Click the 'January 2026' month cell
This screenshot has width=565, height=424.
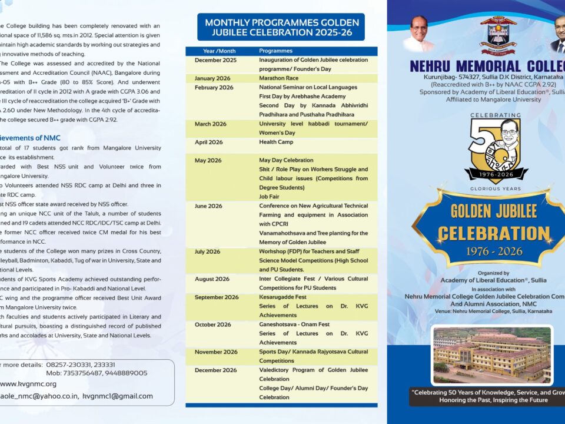pyautogui.click(x=212, y=78)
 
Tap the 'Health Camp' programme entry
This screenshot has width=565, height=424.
pyautogui.click(x=276, y=142)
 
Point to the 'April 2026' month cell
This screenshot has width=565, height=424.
pyautogui.click(x=208, y=142)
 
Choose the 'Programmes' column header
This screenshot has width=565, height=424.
pyautogui.click(x=275, y=51)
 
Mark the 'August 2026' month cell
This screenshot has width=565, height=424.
pyautogui.click(x=212, y=279)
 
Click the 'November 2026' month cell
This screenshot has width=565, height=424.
pyautogui.click(x=216, y=352)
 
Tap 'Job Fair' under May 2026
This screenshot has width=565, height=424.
pyautogui.click(x=270, y=197)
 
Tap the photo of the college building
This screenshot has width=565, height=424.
pyautogui.click(x=492, y=355)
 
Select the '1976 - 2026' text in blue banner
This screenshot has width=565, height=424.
pyautogui.click(x=493, y=251)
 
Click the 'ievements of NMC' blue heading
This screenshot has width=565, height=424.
pyautogui.click(x=29, y=138)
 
